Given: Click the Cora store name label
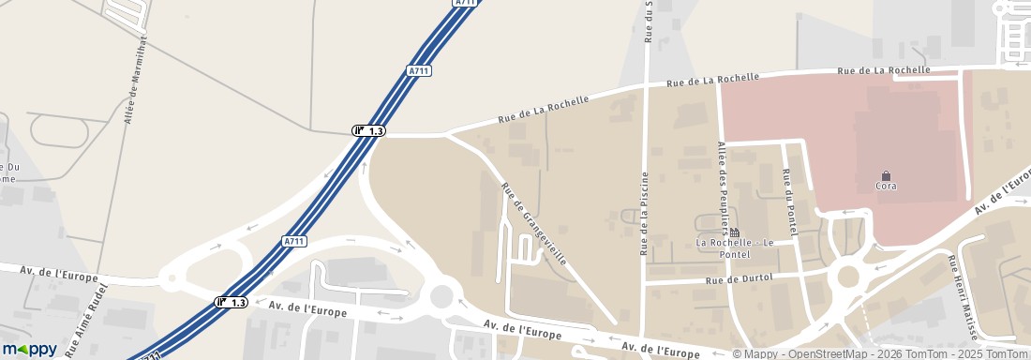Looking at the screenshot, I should (886, 187).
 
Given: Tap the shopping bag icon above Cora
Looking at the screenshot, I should (886, 174).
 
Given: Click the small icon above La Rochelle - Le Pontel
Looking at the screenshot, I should (734, 232).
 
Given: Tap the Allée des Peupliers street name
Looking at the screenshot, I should (724, 186).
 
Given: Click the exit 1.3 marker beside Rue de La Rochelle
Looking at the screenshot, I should (368, 130).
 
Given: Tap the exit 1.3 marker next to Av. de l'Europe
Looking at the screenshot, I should (232, 302).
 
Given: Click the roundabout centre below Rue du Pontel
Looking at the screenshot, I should (849, 277).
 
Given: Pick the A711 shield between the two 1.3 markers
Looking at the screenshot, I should (294, 242).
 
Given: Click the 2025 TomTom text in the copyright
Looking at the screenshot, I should (994, 353).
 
